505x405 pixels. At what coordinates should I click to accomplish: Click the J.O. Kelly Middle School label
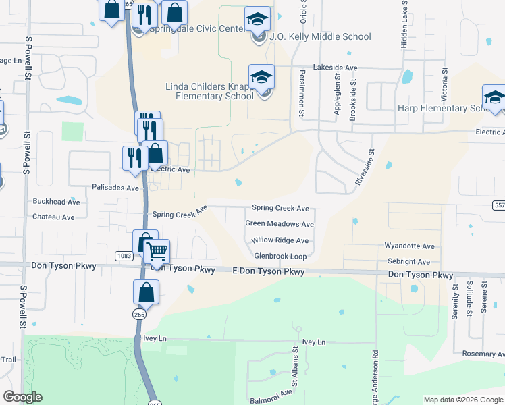(x=320, y=36)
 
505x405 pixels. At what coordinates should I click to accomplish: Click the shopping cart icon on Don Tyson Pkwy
(x=157, y=252)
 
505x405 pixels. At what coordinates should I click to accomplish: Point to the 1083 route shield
(x=124, y=256)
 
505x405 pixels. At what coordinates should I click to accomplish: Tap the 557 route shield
(x=498, y=204)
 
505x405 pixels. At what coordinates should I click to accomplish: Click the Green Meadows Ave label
(x=280, y=224)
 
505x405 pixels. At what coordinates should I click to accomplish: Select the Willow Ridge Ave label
(x=280, y=240)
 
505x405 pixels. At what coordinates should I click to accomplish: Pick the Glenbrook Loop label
(x=280, y=256)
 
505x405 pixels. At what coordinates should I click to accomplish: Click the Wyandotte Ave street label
(x=410, y=247)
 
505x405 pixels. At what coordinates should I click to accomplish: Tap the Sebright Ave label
(x=407, y=262)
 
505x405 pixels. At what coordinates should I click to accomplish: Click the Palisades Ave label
(x=115, y=188)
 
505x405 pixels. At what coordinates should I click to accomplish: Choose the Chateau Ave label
(x=53, y=217)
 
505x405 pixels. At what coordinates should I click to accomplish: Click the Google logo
(x=22, y=397)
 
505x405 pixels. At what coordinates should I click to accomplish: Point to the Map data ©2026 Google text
(x=463, y=400)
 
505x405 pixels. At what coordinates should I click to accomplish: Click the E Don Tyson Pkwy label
(x=268, y=272)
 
